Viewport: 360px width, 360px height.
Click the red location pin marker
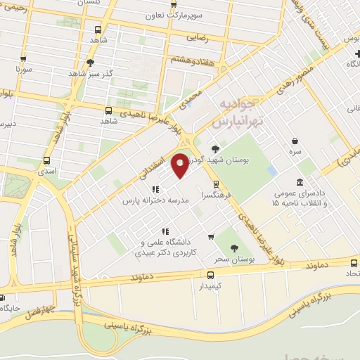pos(180,165)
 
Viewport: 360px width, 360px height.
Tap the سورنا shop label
pos(24,70)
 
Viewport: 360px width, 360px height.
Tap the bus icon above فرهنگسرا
pos(205,184)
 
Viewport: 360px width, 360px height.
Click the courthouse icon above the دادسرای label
pos(300,183)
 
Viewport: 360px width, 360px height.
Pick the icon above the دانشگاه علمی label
pos(165,231)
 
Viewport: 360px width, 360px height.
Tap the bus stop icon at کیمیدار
pos(211,276)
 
